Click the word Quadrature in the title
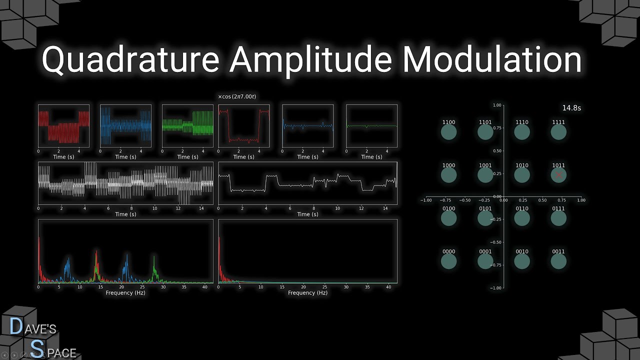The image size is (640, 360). tap(130, 59)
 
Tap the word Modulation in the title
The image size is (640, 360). tap(492, 59)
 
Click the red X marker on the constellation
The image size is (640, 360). tap(558, 175)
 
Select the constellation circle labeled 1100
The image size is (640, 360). tap(448, 132)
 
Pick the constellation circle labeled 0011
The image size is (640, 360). tap(558, 261)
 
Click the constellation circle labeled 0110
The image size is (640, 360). tap(521, 218)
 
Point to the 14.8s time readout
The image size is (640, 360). tap(571, 108)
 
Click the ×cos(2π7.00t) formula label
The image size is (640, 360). tap(237, 96)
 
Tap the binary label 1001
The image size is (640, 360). tap(485, 165)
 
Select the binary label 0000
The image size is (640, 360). tap(448, 251)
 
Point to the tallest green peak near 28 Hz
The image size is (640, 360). tap(154, 256)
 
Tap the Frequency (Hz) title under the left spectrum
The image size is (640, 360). tap(125, 292)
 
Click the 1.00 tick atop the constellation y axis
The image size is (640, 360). tap(497, 105)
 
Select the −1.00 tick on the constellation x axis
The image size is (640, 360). tap(425, 200)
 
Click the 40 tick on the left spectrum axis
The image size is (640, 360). tap(205, 287)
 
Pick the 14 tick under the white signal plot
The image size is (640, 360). tap(201, 208)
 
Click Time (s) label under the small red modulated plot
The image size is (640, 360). tap(63, 157)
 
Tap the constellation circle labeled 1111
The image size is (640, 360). tap(558, 132)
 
